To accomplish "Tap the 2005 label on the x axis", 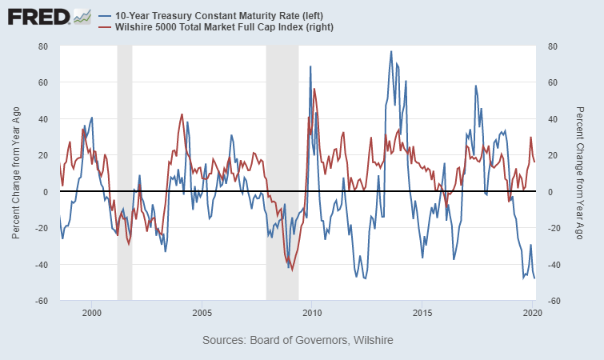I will [x=202, y=312].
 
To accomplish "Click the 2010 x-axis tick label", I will [x=312, y=312].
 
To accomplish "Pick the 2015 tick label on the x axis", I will [x=422, y=312].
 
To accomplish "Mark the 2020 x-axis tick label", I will [x=533, y=312].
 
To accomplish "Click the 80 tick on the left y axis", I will [x=43, y=46].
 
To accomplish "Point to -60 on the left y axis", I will [x=42, y=301].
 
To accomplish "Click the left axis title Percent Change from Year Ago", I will [x=17, y=173].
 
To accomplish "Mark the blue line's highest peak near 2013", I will [x=391, y=52].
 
